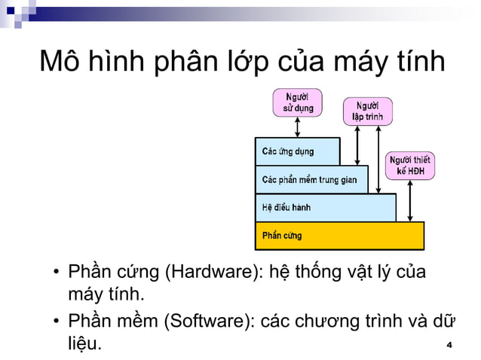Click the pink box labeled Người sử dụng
coord(297,102)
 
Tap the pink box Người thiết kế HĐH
coord(410,166)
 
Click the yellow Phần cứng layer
coord(339,235)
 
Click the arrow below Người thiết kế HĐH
coord(409,201)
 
